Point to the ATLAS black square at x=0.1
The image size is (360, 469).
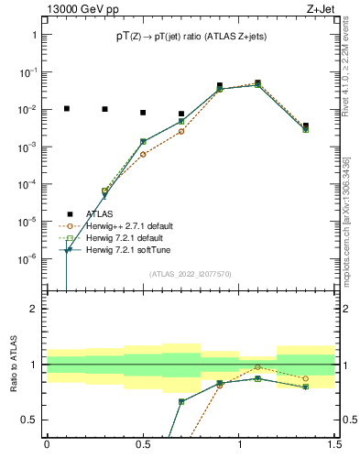point(66,108)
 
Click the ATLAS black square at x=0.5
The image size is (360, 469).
point(143,113)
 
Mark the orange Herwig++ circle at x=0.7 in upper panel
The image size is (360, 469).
point(181,131)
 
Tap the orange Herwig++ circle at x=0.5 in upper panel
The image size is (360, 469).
point(143,154)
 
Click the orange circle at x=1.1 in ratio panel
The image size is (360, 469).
point(258,367)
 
